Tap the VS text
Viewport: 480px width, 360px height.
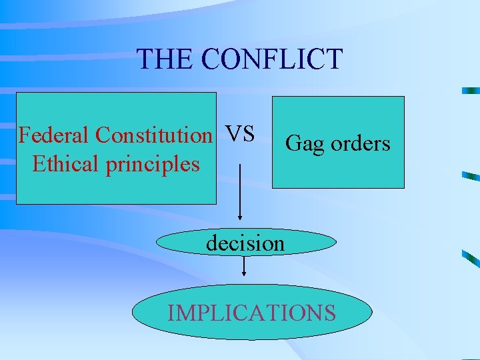(240, 134)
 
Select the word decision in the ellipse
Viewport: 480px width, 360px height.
(245, 243)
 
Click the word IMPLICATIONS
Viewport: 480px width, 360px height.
(252, 312)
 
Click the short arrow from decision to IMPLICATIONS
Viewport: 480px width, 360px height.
(245, 265)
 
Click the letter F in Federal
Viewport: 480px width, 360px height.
(25, 135)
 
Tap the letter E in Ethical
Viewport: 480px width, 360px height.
(38, 163)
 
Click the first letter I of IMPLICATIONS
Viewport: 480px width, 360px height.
(171, 312)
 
